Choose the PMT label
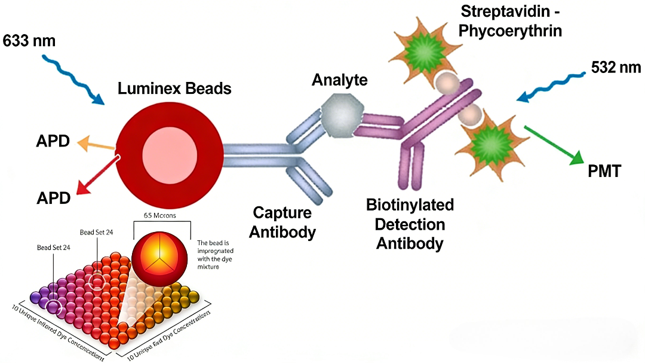click(x=604, y=172)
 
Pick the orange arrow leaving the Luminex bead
click(x=95, y=144)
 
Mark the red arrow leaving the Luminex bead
click(x=98, y=176)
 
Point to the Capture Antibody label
click(x=282, y=222)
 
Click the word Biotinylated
click(x=410, y=205)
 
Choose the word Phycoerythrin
click(x=510, y=31)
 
